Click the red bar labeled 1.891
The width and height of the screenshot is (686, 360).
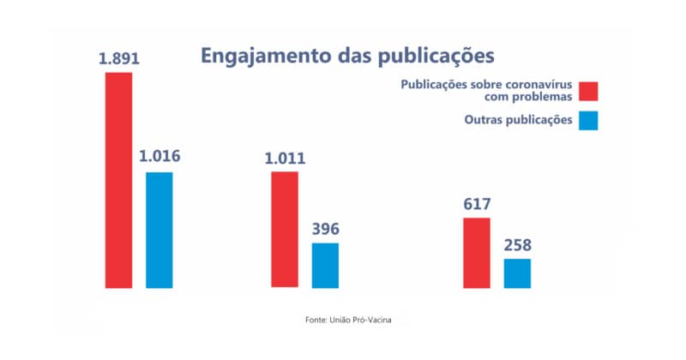119,180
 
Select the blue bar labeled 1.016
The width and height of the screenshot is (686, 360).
159,230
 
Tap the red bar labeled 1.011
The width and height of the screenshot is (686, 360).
285,230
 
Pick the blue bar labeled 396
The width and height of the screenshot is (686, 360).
325,265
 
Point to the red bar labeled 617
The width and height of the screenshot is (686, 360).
477,253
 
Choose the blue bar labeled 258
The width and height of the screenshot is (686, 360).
517,273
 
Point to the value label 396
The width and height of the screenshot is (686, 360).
325,229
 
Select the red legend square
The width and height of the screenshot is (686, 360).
588,91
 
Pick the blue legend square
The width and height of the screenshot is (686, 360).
588,120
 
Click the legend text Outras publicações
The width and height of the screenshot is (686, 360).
513,120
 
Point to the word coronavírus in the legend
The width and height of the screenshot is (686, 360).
537,85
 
